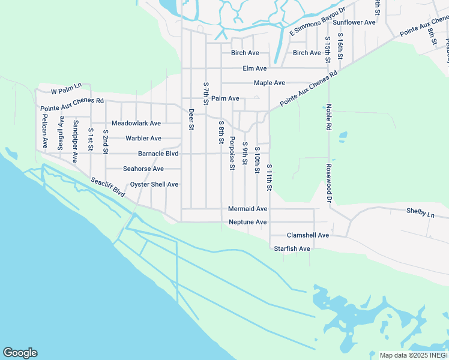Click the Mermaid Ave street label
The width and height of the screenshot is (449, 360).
(x=247, y=209)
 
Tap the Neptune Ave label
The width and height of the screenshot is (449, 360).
(x=247, y=222)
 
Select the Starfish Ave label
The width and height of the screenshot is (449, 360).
(x=292, y=248)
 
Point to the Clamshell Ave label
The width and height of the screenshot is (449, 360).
(x=308, y=235)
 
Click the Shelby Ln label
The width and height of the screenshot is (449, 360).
(x=420, y=211)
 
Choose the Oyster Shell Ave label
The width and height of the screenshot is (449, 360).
(x=154, y=184)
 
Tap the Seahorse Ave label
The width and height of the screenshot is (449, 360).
(x=143, y=169)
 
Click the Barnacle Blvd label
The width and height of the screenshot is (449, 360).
(x=158, y=154)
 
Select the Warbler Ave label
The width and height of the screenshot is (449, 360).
(x=143, y=139)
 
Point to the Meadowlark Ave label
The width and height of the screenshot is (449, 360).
(x=136, y=123)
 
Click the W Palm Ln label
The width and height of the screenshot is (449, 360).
(x=65, y=92)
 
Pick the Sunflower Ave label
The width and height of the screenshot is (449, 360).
(x=354, y=22)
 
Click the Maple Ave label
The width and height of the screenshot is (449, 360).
(x=269, y=83)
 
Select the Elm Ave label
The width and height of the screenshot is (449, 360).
(x=255, y=68)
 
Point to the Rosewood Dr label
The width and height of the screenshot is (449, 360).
(x=329, y=182)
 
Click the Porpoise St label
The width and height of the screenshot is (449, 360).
(x=232, y=153)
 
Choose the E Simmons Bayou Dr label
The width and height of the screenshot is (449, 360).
(x=318, y=22)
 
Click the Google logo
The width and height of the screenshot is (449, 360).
(x=20, y=353)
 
